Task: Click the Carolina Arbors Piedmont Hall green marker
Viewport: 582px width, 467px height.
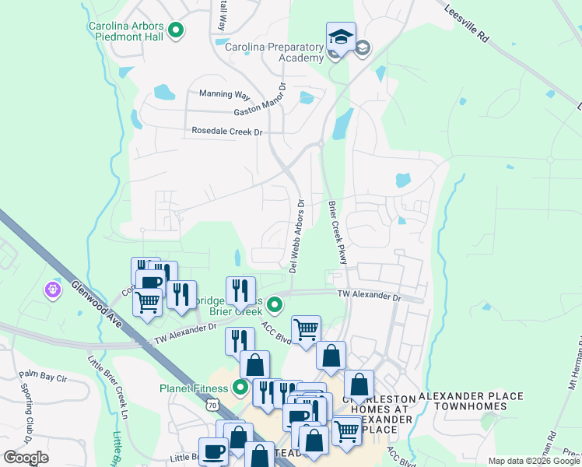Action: tap(176, 31)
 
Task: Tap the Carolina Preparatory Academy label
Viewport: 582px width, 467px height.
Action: tap(274, 53)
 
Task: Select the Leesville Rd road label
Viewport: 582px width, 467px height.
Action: tap(468, 24)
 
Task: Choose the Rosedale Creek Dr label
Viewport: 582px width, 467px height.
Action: tap(227, 132)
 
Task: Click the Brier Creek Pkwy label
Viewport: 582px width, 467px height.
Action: tap(337, 233)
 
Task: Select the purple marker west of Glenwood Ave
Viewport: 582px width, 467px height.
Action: tap(53, 290)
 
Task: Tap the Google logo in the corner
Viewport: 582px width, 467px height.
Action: tap(25, 458)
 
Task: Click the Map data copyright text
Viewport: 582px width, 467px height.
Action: tap(534, 461)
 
